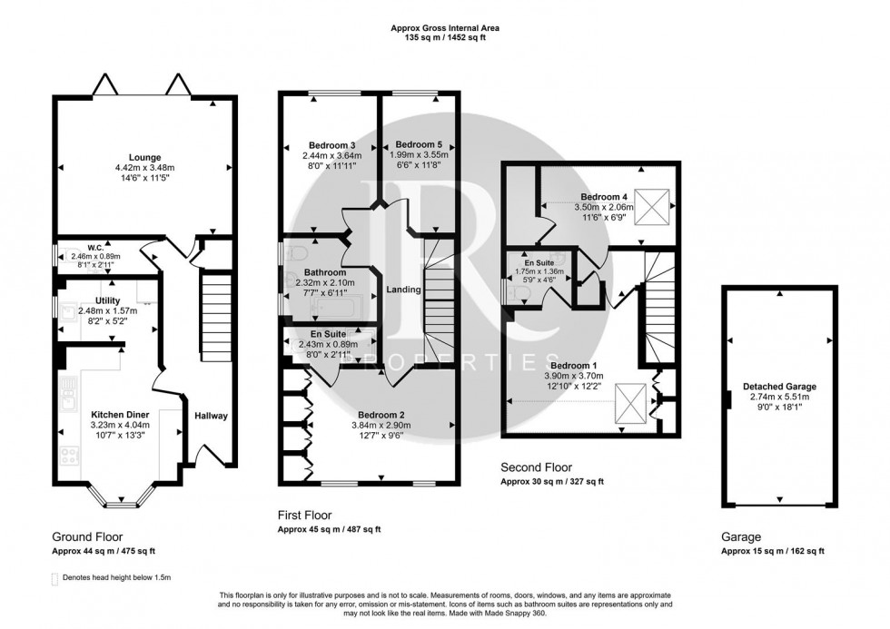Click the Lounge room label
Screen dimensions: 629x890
pos(143,156)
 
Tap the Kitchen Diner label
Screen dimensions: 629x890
pos(119,414)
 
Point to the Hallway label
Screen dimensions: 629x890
pos(210,416)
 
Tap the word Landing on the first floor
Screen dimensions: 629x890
pos(402,290)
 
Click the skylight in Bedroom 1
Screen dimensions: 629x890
pos(632,402)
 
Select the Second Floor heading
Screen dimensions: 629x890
pos(539,467)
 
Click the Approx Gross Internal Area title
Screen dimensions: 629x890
pos(445,28)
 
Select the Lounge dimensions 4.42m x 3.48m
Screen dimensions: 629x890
pos(143,168)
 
